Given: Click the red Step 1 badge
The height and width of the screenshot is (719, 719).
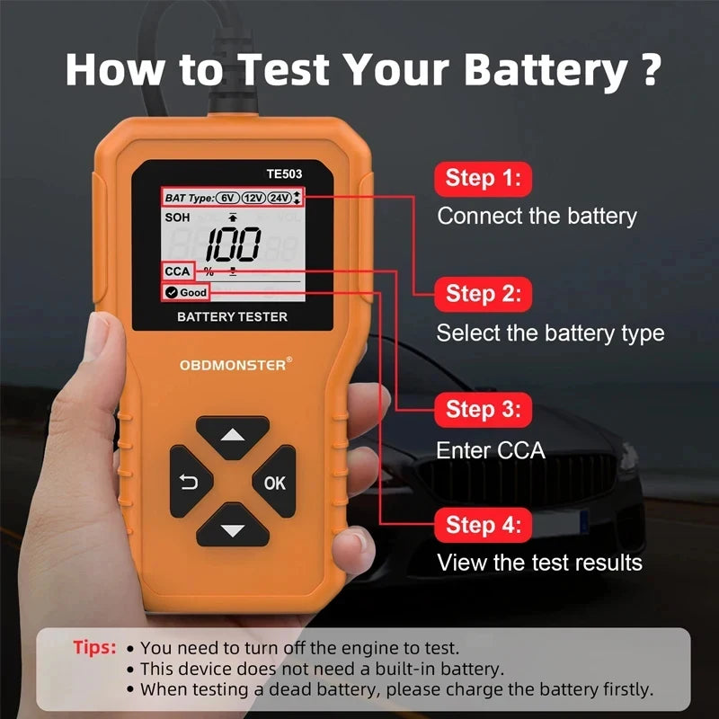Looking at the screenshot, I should pos(483,178).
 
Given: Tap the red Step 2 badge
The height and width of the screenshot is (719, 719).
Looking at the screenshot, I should pos(483,294).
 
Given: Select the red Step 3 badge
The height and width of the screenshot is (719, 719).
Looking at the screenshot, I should pos(483,410).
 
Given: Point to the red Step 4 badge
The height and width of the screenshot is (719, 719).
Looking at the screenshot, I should pos(483,525).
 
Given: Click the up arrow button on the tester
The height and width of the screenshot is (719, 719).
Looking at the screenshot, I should pos(233,437).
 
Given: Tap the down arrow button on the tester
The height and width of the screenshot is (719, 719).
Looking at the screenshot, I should pos(233,530).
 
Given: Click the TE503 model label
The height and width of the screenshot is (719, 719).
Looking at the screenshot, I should pos(283,177).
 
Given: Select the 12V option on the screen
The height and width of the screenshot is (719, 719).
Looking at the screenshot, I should pos(253,198).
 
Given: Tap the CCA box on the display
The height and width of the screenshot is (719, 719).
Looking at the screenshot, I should pos(177,271).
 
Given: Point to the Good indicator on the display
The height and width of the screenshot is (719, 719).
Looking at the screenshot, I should pos(186,292).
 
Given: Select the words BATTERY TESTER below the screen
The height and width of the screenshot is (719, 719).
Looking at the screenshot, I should pos(232,316).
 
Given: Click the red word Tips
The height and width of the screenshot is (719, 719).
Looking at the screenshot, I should pos(94,647).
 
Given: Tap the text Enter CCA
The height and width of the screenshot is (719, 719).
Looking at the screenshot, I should pos(491,450).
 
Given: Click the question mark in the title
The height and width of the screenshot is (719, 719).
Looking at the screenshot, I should pos(654,70).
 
